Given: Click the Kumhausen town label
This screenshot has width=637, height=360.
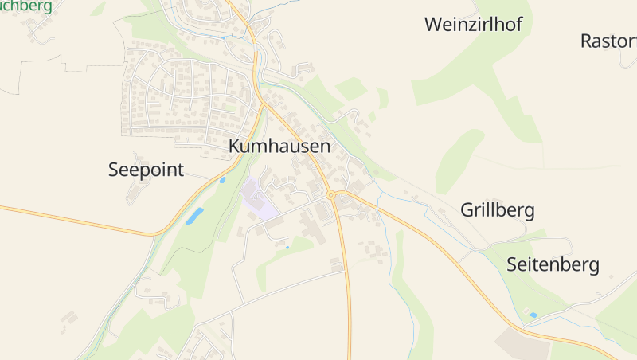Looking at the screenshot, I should click(279, 147).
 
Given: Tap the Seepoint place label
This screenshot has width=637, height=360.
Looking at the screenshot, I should click(146, 170).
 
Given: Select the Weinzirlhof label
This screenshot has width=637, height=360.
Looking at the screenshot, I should click(473, 25).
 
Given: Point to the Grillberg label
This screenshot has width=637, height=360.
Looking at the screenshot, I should click(497, 211).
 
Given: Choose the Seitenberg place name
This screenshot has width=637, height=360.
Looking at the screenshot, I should click(553, 265).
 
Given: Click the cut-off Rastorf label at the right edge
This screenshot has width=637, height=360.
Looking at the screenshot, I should click(609, 41).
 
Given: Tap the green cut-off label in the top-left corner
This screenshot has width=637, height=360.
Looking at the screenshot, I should click(27, 6).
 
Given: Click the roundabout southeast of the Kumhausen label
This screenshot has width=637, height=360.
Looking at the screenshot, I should click(330, 195).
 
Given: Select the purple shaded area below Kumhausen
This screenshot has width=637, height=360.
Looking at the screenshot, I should click(258, 199).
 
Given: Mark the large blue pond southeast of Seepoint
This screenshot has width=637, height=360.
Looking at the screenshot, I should click(195, 216).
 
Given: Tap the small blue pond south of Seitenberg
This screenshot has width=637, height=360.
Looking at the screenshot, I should click(533, 315).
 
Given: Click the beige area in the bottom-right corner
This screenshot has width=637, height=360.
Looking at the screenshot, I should click(522, 343).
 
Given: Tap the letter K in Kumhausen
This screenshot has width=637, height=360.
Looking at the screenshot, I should click(234, 147).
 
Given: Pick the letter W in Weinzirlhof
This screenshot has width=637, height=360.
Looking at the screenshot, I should click(434, 25).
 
